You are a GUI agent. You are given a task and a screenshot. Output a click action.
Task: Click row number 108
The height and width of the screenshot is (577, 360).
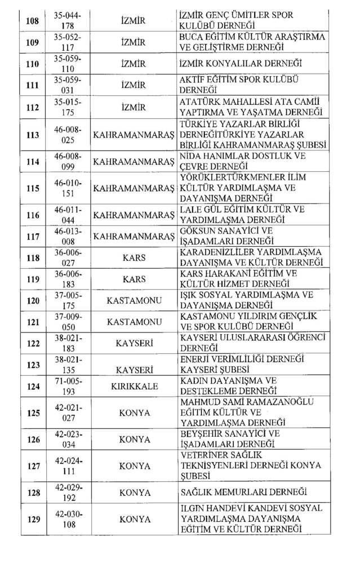[x=33, y=21]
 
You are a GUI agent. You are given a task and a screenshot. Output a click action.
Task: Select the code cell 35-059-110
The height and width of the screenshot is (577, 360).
[x=67, y=64]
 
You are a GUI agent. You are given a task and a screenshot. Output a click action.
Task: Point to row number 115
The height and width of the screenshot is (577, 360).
[x=33, y=188]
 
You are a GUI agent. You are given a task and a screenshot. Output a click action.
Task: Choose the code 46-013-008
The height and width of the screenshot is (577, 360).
[x=67, y=236]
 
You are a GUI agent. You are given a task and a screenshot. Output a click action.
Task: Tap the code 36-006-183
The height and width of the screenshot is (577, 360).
[x=67, y=279]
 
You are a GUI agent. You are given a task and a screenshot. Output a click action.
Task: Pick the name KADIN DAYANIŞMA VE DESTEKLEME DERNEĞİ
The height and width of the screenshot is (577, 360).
[x=228, y=386]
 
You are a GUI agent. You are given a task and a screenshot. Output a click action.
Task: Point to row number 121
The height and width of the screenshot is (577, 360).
[x=33, y=322]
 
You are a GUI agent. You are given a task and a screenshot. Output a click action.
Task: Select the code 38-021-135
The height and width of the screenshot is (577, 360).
[x=67, y=365]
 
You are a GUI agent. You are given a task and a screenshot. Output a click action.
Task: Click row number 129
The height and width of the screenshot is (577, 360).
[x=33, y=519]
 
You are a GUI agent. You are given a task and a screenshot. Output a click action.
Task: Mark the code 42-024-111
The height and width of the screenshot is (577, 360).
[x=67, y=466]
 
